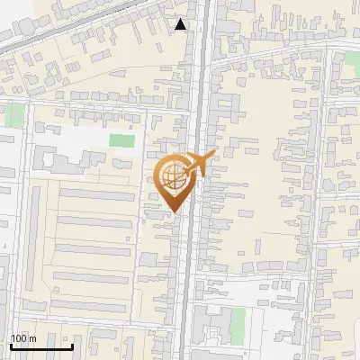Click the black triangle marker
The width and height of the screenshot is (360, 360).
click(181, 24)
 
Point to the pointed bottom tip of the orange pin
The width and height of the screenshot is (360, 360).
click(174, 211)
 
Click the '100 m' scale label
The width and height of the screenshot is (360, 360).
click(23, 338)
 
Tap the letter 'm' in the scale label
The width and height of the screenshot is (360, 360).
click(31, 338)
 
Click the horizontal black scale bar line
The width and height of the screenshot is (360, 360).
click(41, 346)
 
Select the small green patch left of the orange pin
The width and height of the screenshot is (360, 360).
click(121, 140)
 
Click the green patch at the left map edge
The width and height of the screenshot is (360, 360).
click(13, 115)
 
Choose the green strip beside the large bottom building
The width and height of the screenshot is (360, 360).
click(237, 322)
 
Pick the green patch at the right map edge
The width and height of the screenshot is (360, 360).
click(353, 65)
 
